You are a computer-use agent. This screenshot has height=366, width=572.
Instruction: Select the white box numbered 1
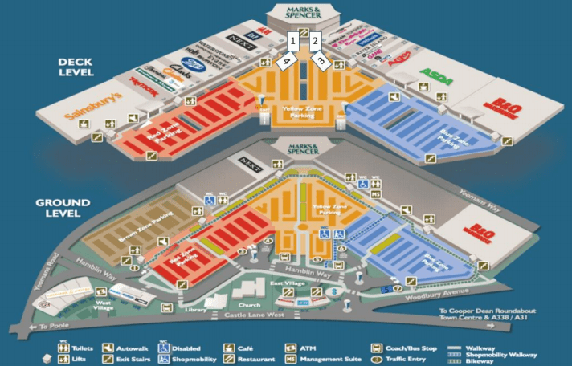pos(294,40)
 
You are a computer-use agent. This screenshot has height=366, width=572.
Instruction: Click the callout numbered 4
pos(284,60)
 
